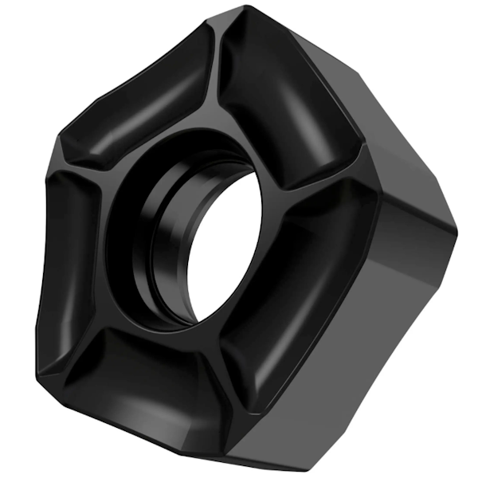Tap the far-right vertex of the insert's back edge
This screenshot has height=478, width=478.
click(459, 231)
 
